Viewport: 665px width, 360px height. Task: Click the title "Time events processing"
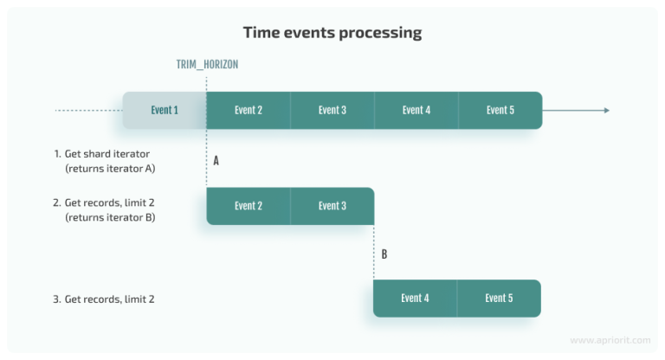click(332, 33)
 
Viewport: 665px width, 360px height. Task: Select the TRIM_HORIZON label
click(206, 65)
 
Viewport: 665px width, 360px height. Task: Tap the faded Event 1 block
click(165, 110)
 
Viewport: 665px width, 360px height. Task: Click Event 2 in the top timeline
click(249, 110)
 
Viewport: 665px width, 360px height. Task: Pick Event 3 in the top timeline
click(332, 110)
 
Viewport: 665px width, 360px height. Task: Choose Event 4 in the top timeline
click(416, 110)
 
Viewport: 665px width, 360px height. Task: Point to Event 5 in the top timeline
click(500, 110)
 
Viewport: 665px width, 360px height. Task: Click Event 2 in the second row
click(249, 206)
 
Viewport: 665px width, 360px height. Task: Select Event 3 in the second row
click(332, 206)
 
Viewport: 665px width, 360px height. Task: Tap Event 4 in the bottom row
click(415, 299)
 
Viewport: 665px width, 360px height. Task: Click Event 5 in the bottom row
click(499, 299)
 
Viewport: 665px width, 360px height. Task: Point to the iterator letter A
click(216, 160)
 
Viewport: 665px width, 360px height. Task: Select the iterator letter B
click(384, 254)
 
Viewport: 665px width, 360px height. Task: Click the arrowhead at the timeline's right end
click(606, 110)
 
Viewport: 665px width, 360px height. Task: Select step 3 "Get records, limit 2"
click(107, 299)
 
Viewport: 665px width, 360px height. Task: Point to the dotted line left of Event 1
click(87, 110)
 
